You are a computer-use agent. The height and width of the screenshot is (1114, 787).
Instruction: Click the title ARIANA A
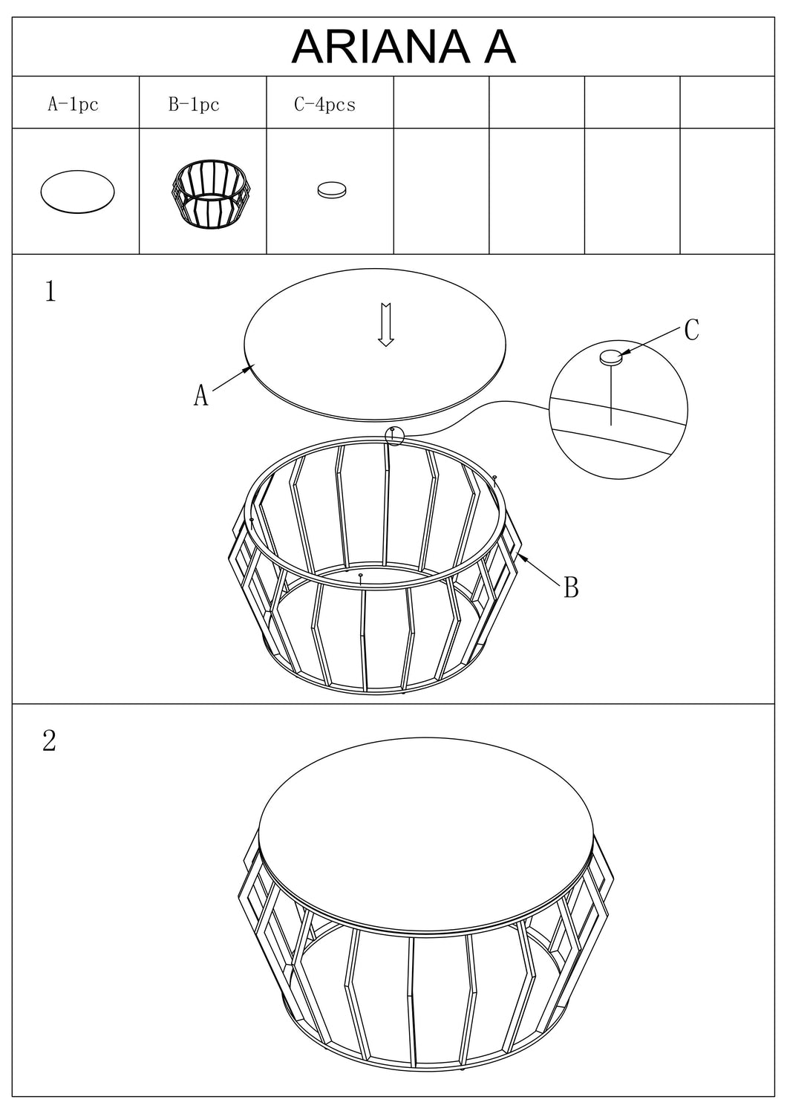coord(403,47)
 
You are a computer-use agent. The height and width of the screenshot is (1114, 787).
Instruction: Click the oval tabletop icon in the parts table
coord(77,192)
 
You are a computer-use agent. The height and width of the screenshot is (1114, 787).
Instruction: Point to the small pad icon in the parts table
coord(332,189)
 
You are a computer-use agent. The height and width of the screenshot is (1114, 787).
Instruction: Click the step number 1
coord(50,291)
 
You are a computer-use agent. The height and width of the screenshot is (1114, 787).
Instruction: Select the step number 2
coord(49,740)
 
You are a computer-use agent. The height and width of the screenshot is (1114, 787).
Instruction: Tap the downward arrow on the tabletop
coord(386,325)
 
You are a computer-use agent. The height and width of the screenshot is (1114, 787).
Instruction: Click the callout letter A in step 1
coord(200,395)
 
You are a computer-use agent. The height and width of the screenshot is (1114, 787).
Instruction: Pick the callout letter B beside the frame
coord(571,587)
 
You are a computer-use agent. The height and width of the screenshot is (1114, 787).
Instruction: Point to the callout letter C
coord(691,329)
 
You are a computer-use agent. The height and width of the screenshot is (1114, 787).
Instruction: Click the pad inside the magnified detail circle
coord(611,356)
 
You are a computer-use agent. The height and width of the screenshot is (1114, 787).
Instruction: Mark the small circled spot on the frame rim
coord(394,436)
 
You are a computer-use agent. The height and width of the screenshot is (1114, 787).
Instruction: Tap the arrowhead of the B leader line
coord(521,557)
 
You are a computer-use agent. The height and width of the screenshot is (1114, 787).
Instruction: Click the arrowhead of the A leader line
coord(249,368)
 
